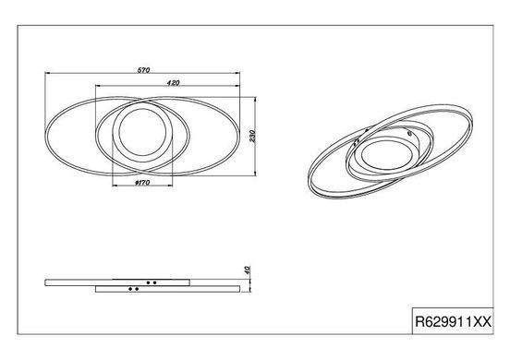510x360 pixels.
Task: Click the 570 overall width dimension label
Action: [x=143, y=70]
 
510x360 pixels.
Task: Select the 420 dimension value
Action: [x=173, y=83]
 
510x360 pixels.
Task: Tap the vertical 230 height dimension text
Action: [x=252, y=136]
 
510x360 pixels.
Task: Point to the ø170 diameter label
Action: [x=142, y=183]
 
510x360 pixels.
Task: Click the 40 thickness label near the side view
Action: [x=248, y=270]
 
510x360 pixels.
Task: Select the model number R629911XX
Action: [x=453, y=322]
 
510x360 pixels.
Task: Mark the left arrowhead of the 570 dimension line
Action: [x=47, y=74]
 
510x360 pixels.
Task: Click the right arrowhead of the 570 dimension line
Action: [x=237, y=74]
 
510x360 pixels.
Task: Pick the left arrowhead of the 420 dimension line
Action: [x=98, y=86]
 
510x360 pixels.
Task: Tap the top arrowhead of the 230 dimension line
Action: [x=255, y=100]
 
